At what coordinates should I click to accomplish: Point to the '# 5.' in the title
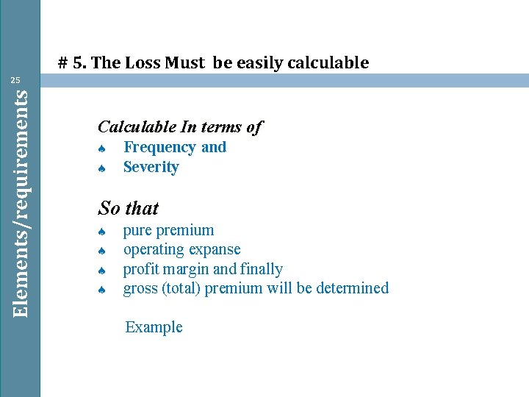[x=72, y=63]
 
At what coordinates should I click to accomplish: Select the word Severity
[x=151, y=167]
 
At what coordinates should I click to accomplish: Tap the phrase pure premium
[x=168, y=231]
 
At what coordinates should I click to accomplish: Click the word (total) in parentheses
[x=180, y=288]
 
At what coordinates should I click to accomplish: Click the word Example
[x=154, y=327]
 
